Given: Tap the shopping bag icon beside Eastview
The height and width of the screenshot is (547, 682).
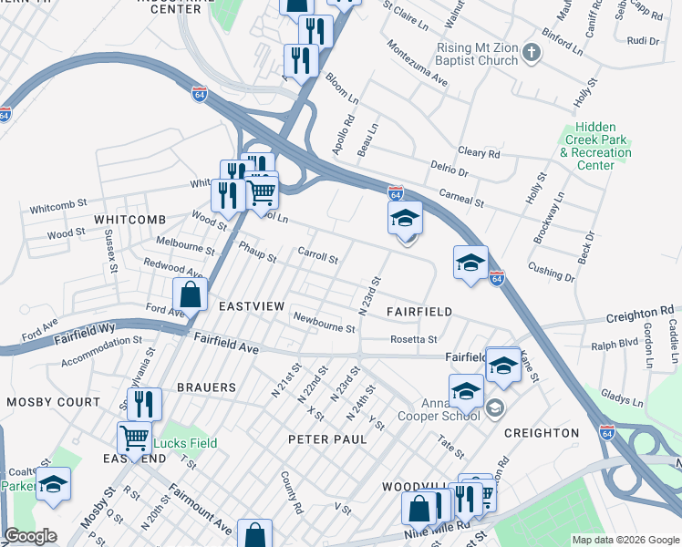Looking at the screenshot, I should tap(189, 294).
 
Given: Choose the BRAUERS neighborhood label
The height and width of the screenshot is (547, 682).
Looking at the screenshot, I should tap(206, 387).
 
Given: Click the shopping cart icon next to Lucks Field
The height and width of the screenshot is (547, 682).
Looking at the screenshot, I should tap(134, 437).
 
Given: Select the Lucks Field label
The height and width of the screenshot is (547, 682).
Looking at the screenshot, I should tap(185, 443).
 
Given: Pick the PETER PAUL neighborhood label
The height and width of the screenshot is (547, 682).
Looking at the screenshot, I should tap(327, 439).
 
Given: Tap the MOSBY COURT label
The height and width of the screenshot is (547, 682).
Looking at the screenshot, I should tap(53, 401).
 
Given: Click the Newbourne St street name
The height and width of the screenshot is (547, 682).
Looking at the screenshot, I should tap(324, 323).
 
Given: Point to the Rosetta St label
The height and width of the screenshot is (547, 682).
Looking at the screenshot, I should tap(413, 339).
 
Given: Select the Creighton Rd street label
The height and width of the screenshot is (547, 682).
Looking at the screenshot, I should tap(642, 315).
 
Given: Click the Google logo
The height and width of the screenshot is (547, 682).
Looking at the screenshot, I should tap(30, 536).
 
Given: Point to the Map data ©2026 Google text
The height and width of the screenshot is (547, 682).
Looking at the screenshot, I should tap(625, 540).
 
